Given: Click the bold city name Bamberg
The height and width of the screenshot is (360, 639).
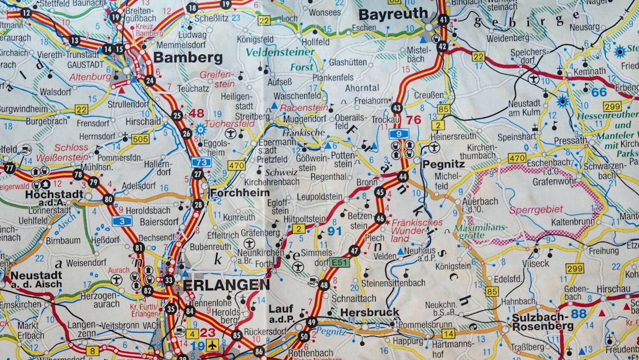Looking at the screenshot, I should coord(188,57).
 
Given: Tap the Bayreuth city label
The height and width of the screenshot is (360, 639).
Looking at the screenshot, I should coord(393,14).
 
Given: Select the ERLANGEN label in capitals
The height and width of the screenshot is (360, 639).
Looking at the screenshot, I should coord(226,285).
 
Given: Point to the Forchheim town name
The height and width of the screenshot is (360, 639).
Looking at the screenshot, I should coord(240,192).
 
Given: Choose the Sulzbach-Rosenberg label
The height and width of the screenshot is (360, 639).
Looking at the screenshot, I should coord(543,322).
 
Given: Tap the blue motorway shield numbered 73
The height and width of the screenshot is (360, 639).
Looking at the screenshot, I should coord(201,162).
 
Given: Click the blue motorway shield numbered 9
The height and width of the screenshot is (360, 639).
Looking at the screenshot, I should coord(399,134).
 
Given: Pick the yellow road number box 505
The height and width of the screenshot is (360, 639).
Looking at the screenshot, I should coord(140,139).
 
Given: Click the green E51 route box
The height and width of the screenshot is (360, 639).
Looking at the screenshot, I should coord(340,262).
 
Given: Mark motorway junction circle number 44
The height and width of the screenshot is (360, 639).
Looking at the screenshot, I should coord(403,176).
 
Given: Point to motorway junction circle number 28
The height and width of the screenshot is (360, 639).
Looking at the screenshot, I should coord(198,205).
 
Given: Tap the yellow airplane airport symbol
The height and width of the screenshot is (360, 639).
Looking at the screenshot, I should coord(211,345).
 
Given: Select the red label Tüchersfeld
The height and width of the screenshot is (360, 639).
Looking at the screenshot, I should coord(231,124).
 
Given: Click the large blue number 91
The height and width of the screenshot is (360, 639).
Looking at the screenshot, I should coord(335,231).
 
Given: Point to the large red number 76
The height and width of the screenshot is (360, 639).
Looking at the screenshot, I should coord(414,120).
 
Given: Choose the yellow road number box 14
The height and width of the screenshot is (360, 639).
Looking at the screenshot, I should coord(448,333).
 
